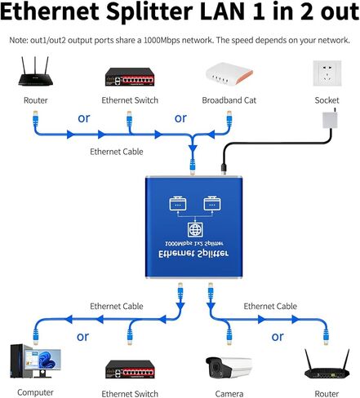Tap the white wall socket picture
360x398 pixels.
tap(327, 73)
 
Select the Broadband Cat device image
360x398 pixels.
tap(229, 73)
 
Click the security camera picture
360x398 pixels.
tap(229, 368)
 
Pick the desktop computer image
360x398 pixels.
tap(35, 361)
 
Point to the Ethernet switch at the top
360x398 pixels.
tap(130, 77)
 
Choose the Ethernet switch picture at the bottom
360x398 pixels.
tap(130, 369)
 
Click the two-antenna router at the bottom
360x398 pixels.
tap(327, 364)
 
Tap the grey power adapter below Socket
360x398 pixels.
tap(330, 119)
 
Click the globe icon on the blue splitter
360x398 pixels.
tap(195, 230)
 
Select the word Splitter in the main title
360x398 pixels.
tap(149, 11)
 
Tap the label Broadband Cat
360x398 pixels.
tap(229, 100)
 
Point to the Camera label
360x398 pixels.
tap(229, 394)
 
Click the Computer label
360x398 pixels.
tap(35, 392)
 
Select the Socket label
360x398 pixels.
tap(327, 100)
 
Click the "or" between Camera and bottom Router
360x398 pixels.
tap(278, 337)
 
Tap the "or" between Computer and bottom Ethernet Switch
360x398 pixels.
tap(82, 337)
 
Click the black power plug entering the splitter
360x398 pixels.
tap(224, 169)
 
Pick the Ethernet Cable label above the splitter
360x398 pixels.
tap(117, 152)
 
